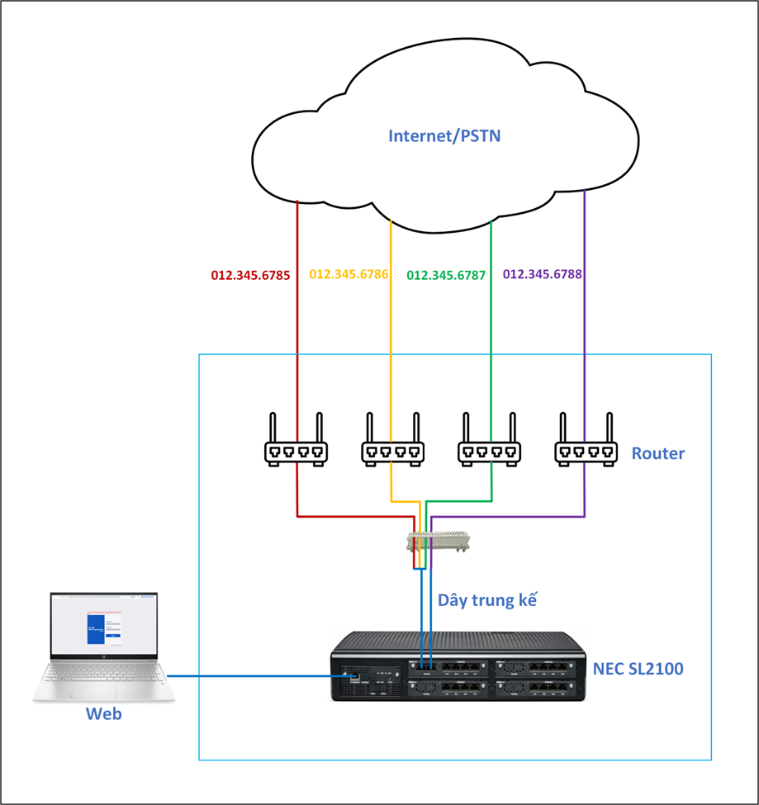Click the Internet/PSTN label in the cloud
coord(444,135)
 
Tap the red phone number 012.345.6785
coord(250,276)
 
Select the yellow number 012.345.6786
coord(349,274)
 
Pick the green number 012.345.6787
coord(446,276)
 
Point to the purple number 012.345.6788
coord(543,274)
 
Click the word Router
coord(657,453)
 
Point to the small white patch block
coord(439,542)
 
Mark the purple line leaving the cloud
coord(585,239)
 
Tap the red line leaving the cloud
coord(296,239)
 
